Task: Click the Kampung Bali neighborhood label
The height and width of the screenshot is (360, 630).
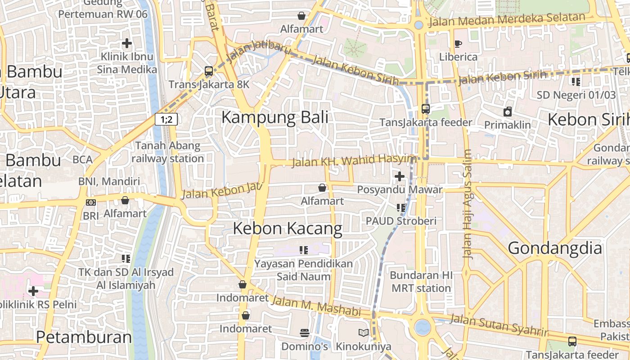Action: [x=274, y=117]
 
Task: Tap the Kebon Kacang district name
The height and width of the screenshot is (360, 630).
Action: [x=288, y=229]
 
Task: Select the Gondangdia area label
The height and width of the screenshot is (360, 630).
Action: [x=555, y=248]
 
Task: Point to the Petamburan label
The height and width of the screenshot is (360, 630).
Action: [x=84, y=337]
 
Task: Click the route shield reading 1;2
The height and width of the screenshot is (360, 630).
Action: [x=166, y=119]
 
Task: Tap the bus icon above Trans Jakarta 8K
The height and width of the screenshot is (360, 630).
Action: [x=208, y=71]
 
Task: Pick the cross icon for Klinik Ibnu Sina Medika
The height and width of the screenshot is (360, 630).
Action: [x=127, y=43]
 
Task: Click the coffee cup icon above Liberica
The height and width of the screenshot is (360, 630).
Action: [x=458, y=44]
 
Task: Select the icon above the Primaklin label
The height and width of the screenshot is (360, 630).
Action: [x=508, y=111]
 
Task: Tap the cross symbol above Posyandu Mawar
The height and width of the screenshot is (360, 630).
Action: [x=399, y=176]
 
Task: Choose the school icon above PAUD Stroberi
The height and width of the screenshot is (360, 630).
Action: [x=400, y=207]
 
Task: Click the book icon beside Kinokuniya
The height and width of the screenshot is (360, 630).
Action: [x=363, y=333]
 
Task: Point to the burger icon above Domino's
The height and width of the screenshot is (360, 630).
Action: [x=305, y=333]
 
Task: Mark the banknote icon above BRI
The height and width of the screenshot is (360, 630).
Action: [x=91, y=202]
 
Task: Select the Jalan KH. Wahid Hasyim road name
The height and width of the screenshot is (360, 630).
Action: [x=354, y=160]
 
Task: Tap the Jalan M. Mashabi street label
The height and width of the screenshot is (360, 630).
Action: [x=316, y=306]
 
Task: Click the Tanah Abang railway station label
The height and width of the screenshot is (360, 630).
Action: [x=167, y=152]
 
